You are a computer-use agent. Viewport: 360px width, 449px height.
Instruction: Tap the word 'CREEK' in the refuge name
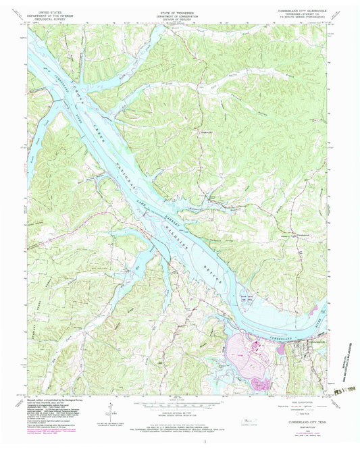pos(95,120)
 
